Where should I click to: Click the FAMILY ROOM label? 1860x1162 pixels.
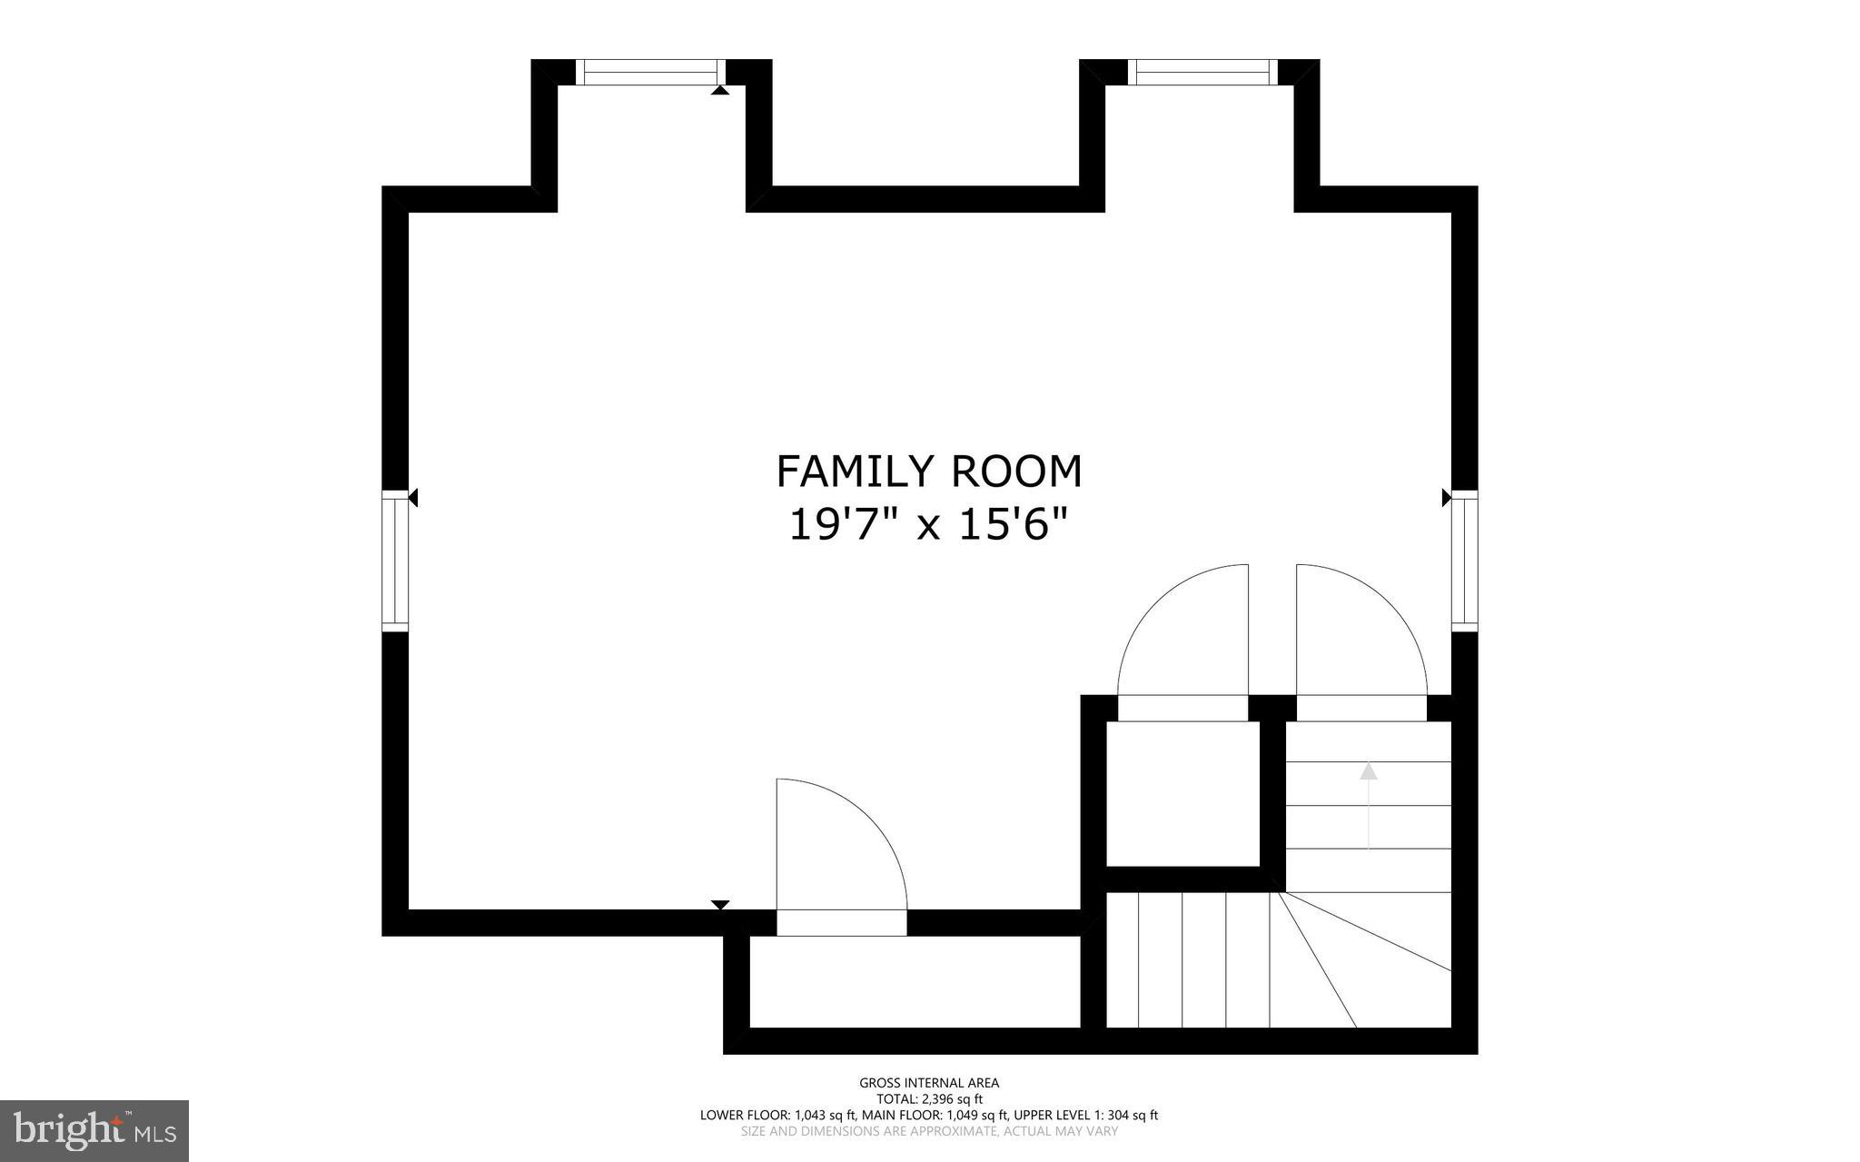click(929, 472)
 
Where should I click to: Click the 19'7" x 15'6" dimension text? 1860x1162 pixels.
click(928, 525)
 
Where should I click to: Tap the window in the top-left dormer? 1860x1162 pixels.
click(650, 72)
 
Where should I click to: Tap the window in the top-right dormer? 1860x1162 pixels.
click(1202, 72)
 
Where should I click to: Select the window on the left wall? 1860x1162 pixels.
click(395, 560)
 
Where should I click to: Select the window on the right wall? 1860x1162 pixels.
click(1464, 560)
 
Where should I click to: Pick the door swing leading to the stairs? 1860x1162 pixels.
click(1353, 636)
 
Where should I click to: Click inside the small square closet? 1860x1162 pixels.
click(1182, 793)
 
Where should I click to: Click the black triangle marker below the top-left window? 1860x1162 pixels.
click(719, 91)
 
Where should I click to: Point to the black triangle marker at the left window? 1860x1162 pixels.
click(413, 497)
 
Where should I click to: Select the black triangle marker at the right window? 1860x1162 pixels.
click(1447, 497)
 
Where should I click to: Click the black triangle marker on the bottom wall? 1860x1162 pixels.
click(720, 904)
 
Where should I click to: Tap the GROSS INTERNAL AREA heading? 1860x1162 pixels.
click(929, 1082)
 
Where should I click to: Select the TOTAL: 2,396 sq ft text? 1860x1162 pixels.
click(929, 1098)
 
